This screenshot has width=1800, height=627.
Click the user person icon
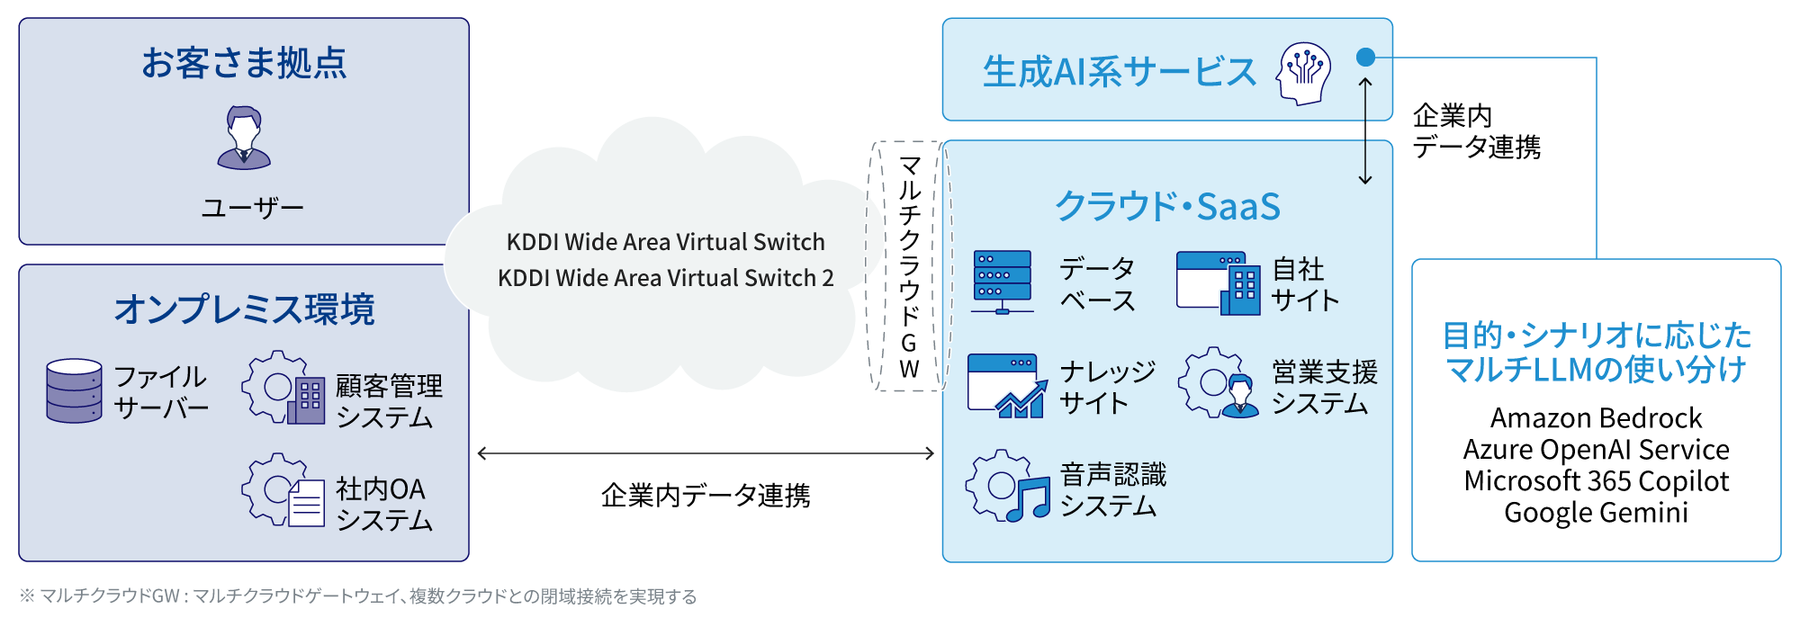pos(244,138)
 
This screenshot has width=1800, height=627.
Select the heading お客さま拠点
pos(244,63)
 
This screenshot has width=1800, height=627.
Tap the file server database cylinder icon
pos(74,390)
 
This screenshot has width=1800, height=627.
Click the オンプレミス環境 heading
pos(244,309)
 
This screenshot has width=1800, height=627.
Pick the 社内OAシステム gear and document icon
pos(283,490)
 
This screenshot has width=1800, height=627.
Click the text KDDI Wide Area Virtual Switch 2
pos(665,278)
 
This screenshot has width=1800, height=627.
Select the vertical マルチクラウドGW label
pos(909,266)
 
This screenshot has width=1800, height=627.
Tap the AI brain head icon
pos(1303,72)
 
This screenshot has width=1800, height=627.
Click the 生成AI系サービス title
pos(1119,72)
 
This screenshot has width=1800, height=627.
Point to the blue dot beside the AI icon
pos(1365,58)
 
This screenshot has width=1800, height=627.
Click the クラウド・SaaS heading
pos(1167,206)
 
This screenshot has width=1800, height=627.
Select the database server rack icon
pos(1003,282)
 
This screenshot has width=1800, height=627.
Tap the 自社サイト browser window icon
pos(1218,282)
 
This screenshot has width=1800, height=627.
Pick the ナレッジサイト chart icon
pos(1007,386)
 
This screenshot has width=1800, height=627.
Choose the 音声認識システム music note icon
pos(1008,487)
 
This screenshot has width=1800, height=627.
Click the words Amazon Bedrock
pos(1596,418)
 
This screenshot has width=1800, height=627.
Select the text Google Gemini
pos(1596,513)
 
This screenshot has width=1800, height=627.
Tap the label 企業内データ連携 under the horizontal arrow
pos(706,496)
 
